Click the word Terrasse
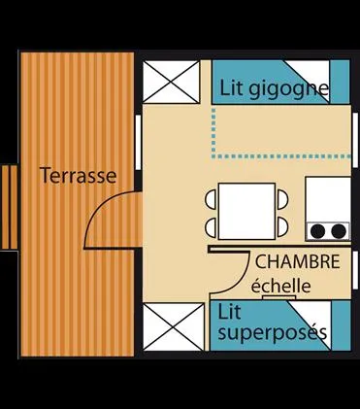78,176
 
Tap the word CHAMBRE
297,262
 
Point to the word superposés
272,333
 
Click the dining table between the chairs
247,211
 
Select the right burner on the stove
339,231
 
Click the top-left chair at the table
212,199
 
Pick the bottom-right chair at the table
282,225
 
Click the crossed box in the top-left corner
174,82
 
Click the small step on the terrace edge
8,206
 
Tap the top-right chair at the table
282,199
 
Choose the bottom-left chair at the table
212,225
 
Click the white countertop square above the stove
327,198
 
